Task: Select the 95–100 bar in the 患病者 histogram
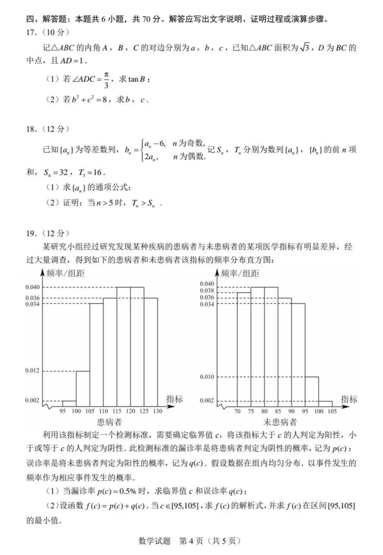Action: click(x=69, y=403)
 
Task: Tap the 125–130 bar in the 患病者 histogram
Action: click(x=151, y=351)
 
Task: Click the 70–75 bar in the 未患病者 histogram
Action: click(x=243, y=348)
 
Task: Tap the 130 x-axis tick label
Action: click(x=157, y=411)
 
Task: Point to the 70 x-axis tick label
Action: click(x=237, y=411)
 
